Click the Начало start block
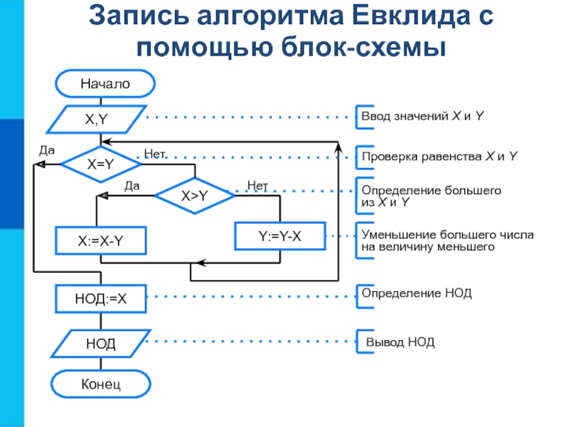105,83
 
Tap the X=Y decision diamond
100,164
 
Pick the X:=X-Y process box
100,241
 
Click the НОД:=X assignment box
100,299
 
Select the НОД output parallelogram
100,344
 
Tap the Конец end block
100,385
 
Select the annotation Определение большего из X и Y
431,196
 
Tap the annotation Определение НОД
416,293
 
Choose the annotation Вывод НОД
400,342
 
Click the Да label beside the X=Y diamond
46,150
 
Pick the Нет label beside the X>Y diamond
257,186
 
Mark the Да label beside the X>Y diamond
132,186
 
